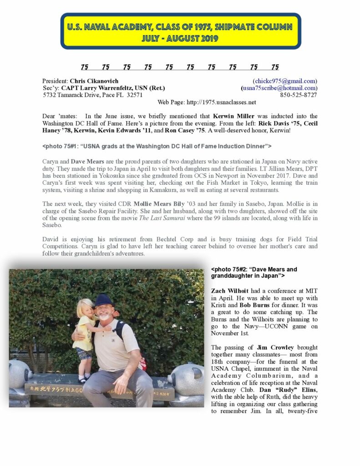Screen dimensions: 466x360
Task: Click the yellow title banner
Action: tap(181, 31)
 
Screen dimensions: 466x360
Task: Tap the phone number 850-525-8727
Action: tap(299, 95)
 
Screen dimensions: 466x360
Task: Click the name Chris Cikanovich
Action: tap(94, 81)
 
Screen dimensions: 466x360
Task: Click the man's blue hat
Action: tap(103, 300)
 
